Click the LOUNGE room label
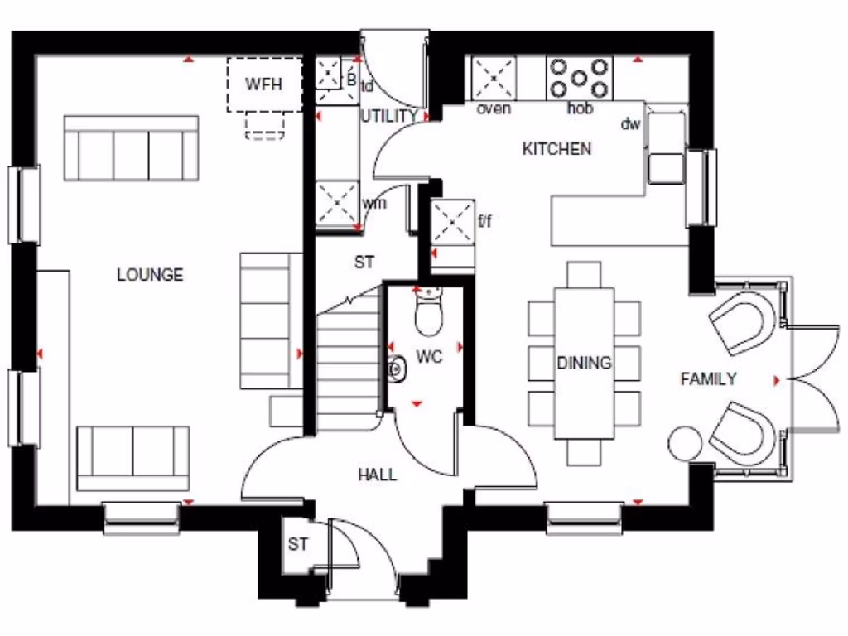tap(150, 275)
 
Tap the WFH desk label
tap(263, 84)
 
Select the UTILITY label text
tap(388, 117)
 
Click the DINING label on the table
tap(584, 363)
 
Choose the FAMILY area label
tap(708, 379)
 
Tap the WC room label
tap(429, 357)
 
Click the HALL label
tap(377, 475)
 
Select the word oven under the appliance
tap(494, 108)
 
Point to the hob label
tap(580, 108)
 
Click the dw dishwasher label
tap(631, 124)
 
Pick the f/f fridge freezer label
tap(488, 220)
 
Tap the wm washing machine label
tap(374, 203)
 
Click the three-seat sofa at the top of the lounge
tap(131, 149)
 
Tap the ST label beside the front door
tap(297, 545)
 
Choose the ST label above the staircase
tap(364, 263)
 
